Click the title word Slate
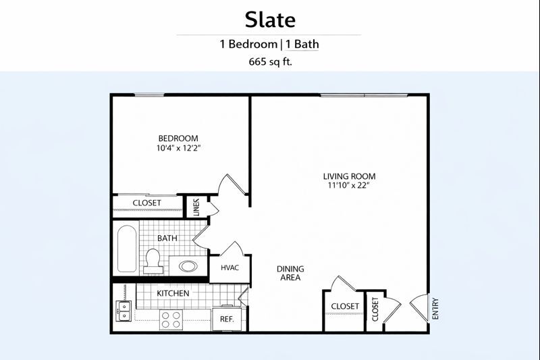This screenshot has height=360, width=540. (270, 20)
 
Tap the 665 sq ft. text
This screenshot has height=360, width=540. (271, 62)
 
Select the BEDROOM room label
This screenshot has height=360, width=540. (178, 138)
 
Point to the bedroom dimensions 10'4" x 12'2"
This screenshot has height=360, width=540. (178, 148)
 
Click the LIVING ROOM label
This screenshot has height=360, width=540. (349, 176)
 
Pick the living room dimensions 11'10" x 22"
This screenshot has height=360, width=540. (348, 185)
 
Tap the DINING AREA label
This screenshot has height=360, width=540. (290, 273)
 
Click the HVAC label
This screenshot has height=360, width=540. (230, 267)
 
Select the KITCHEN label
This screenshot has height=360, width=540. (173, 293)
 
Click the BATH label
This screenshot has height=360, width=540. (167, 238)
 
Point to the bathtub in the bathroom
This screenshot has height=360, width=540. (127, 249)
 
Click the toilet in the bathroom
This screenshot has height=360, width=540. (153, 261)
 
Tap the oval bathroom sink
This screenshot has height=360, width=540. (188, 266)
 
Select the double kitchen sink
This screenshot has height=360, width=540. (124, 311)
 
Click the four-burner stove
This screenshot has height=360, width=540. (171, 319)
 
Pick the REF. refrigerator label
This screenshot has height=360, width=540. (227, 319)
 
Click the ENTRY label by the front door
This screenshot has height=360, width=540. (435, 308)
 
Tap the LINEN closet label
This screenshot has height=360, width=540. (196, 207)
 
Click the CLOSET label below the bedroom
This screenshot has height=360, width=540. (147, 203)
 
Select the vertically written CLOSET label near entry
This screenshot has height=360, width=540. (375, 309)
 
